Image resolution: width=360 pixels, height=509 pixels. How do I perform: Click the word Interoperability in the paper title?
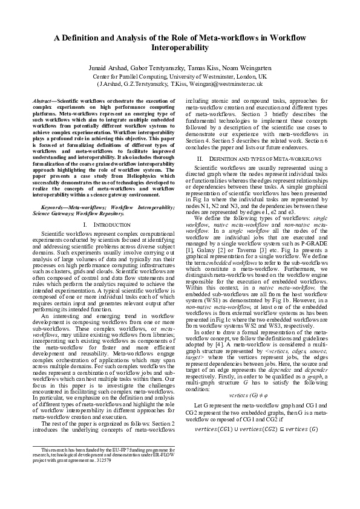tap(180, 46)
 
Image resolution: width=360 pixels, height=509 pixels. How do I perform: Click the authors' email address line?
tap(180, 86)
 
